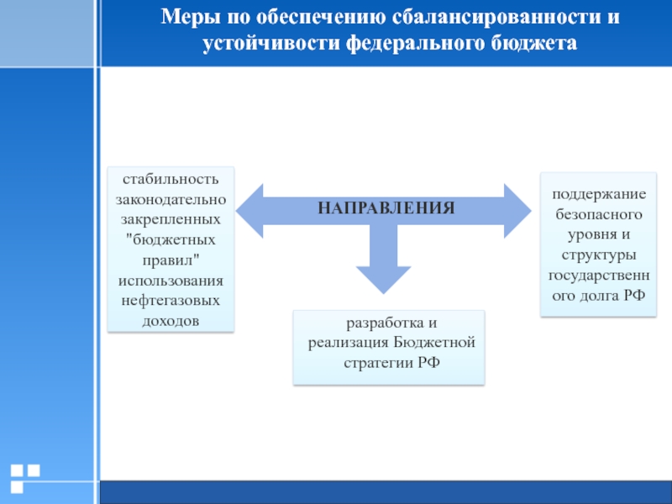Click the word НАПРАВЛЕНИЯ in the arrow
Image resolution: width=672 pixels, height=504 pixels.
(386, 207)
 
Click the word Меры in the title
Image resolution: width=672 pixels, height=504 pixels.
(187, 17)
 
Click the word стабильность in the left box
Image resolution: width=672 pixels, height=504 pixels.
(171, 179)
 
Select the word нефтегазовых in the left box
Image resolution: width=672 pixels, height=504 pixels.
(171, 300)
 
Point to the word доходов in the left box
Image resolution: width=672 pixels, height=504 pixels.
(171, 320)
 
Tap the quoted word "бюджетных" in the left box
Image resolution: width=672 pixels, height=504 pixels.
(171, 239)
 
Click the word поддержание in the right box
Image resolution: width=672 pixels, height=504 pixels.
(598, 194)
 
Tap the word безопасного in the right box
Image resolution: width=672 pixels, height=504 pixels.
(598, 213)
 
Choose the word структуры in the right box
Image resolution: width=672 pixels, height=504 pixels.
(598, 254)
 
